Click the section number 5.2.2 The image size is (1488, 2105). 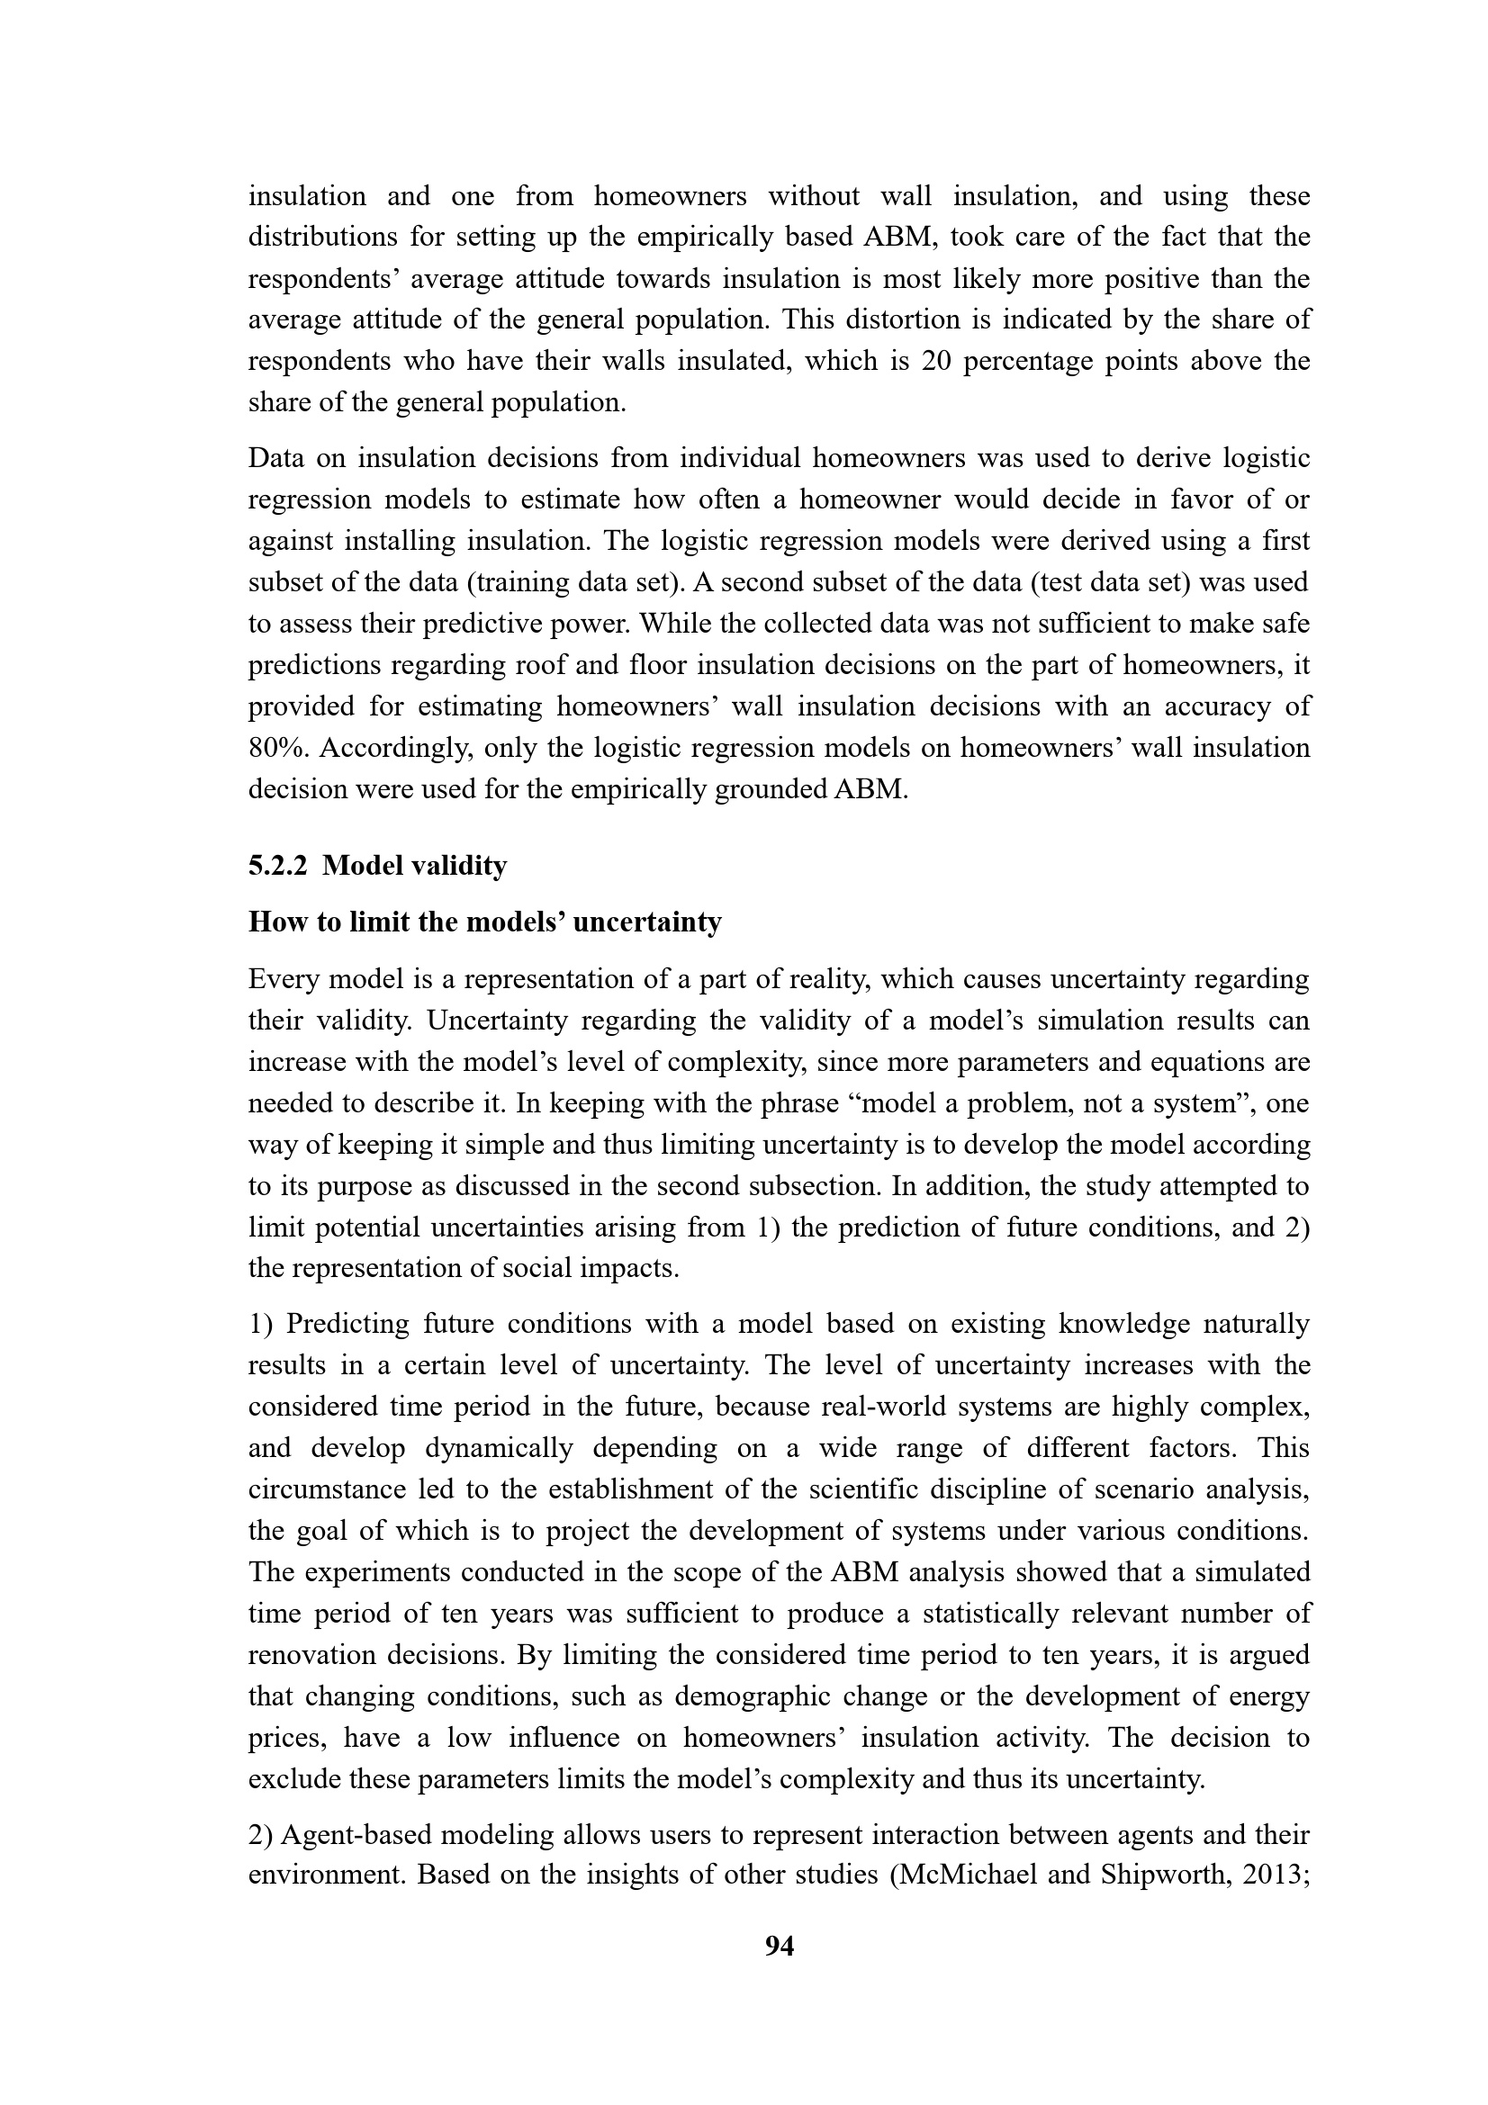[x=276, y=866]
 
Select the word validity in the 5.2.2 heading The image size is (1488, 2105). [x=464, y=866]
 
